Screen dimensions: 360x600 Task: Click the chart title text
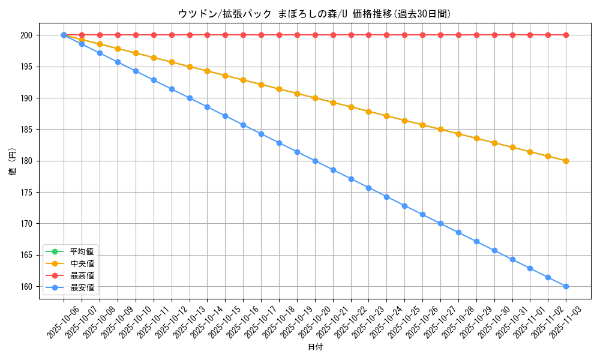[x=314, y=13]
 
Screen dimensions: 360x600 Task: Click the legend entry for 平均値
[x=82, y=251]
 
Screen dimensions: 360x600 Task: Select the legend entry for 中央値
[x=82, y=263]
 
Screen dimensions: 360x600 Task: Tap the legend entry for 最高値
[x=82, y=275]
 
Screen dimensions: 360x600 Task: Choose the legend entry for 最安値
[x=82, y=287]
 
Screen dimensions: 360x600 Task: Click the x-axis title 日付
[x=315, y=347]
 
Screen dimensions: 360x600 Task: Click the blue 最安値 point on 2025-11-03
[x=566, y=286]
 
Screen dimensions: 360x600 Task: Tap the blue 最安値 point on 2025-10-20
[x=315, y=161]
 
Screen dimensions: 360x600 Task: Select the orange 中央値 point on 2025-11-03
[x=566, y=161]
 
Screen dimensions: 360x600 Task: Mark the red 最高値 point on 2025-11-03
[x=566, y=35]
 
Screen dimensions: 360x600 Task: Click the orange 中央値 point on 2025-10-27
[x=440, y=129]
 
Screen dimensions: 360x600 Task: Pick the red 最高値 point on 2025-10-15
[x=225, y=35]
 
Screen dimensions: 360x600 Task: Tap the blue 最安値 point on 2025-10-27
[x=440, y=223]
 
